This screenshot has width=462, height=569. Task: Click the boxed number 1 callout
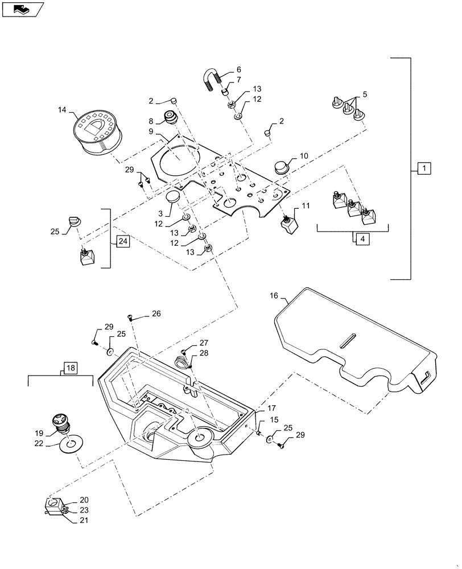click(424, 168)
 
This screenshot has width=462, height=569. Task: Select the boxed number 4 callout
click(362, 239)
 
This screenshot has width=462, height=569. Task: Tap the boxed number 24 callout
click(123, 242)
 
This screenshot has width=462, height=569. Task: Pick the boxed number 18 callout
click(68, 369)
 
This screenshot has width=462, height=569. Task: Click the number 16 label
click(274, 296)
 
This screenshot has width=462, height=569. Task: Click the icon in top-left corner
click(21, 8)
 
